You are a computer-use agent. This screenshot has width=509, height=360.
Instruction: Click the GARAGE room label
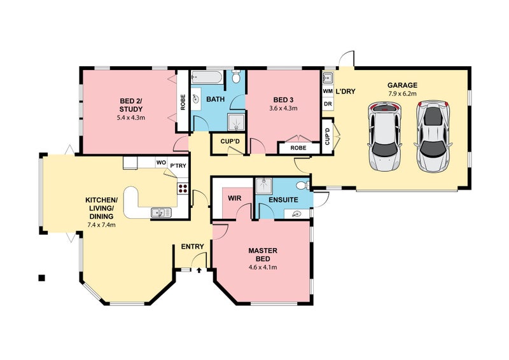(x=402, y=85)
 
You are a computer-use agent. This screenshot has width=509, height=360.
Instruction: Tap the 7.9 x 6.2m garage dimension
(x=402, y=93)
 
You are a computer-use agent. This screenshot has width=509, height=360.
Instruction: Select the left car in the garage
(x=384, y=136)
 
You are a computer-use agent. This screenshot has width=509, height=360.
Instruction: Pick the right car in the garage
(x=433, y=136)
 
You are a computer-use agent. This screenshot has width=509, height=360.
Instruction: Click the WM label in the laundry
(x=328, y=92)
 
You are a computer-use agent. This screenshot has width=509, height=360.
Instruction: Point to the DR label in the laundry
(x=328, y=104)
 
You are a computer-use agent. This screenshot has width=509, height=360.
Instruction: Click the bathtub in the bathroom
(x=206, y=77)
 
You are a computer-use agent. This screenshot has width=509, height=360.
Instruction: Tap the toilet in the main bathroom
(x=236, y=76)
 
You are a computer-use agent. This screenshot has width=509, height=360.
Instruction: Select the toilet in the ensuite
(x=303, y=185)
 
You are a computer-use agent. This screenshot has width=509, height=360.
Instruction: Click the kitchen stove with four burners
(x=183, y=189)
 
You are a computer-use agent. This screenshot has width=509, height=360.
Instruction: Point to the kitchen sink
(x=161, y=212)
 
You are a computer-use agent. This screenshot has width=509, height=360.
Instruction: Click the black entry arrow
(x=199, y=270)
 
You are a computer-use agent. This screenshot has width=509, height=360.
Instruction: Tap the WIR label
(x=234, y=198)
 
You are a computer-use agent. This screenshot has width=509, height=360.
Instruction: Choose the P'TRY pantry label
(x=178, y=165)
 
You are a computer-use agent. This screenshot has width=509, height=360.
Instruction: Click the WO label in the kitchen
(x=161, y=162)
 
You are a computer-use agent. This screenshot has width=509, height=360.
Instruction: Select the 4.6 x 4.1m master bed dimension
(x=263, y=268)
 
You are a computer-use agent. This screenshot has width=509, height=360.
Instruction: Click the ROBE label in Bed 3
(x=298, y=148)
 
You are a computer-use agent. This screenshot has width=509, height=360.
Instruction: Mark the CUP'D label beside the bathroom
(x=230, y=142)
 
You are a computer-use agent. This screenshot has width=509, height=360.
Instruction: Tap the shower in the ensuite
(x=264, y=186)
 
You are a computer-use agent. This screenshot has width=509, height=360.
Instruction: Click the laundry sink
(x=327, y=78)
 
